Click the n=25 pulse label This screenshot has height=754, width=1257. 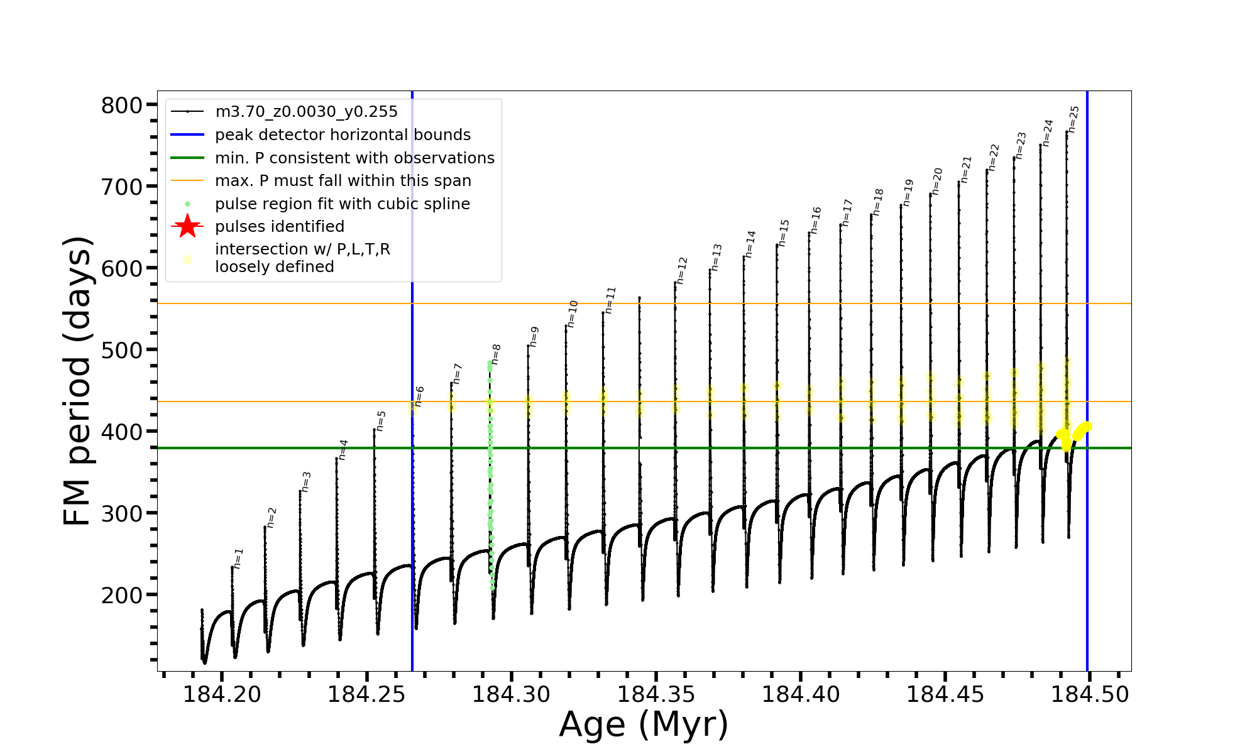pos(1073,119)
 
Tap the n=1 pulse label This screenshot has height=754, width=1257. pos(238,558)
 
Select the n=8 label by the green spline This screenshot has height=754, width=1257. pos(496,354)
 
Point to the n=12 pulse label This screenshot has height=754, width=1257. pos(682,270)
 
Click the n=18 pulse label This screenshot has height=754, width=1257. pos(878,202)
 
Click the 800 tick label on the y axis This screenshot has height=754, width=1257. pos(122,105)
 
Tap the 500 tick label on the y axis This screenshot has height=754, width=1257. pos(122,350)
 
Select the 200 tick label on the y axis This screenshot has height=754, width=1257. pos(122,595)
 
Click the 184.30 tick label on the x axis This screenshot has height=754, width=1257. pos(511,695)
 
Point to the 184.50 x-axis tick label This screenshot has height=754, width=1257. pos(1090,695)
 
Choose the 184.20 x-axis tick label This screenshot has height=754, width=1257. pos(222,695)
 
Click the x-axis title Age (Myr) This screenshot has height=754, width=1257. pos(644,724)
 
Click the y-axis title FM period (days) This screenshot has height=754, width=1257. pos(78,381)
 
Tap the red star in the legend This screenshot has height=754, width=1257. pos(187,226)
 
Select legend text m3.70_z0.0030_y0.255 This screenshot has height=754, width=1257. pos(306,112)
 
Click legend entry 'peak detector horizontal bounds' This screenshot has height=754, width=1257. pos(343,135)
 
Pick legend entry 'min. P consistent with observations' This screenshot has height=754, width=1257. pos(354,158)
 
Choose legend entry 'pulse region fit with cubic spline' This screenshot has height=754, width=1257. pos(343,204)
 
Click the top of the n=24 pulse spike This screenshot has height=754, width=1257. pos(1040,145)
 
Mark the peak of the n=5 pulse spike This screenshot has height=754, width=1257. pos(374,430)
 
